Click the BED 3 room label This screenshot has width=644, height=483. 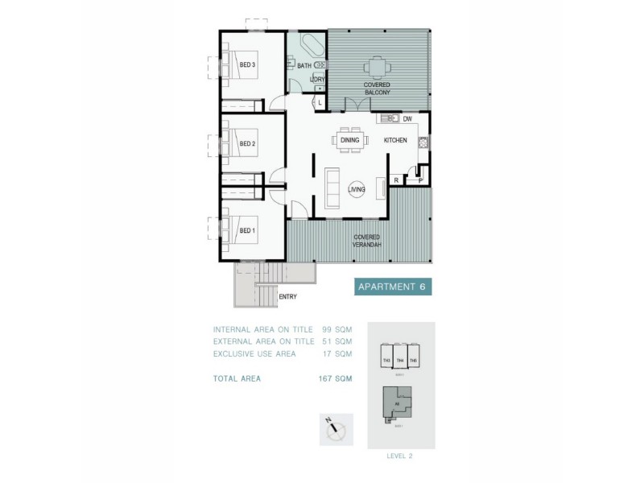point(248,65)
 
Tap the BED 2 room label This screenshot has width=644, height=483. point(248,144)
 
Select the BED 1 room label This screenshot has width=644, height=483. point(248,230)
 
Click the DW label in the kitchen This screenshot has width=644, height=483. point(407,119)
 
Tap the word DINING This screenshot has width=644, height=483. point(349,140)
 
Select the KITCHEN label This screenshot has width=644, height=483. point(395,141)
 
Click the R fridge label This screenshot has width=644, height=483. point(396,180)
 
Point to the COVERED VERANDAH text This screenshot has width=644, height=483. point(366,241)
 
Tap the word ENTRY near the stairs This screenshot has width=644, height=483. point(287,296)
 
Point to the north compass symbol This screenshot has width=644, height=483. point(336,431)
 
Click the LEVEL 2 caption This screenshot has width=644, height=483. point(400,456)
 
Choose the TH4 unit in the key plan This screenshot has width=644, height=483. point(400,360)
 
